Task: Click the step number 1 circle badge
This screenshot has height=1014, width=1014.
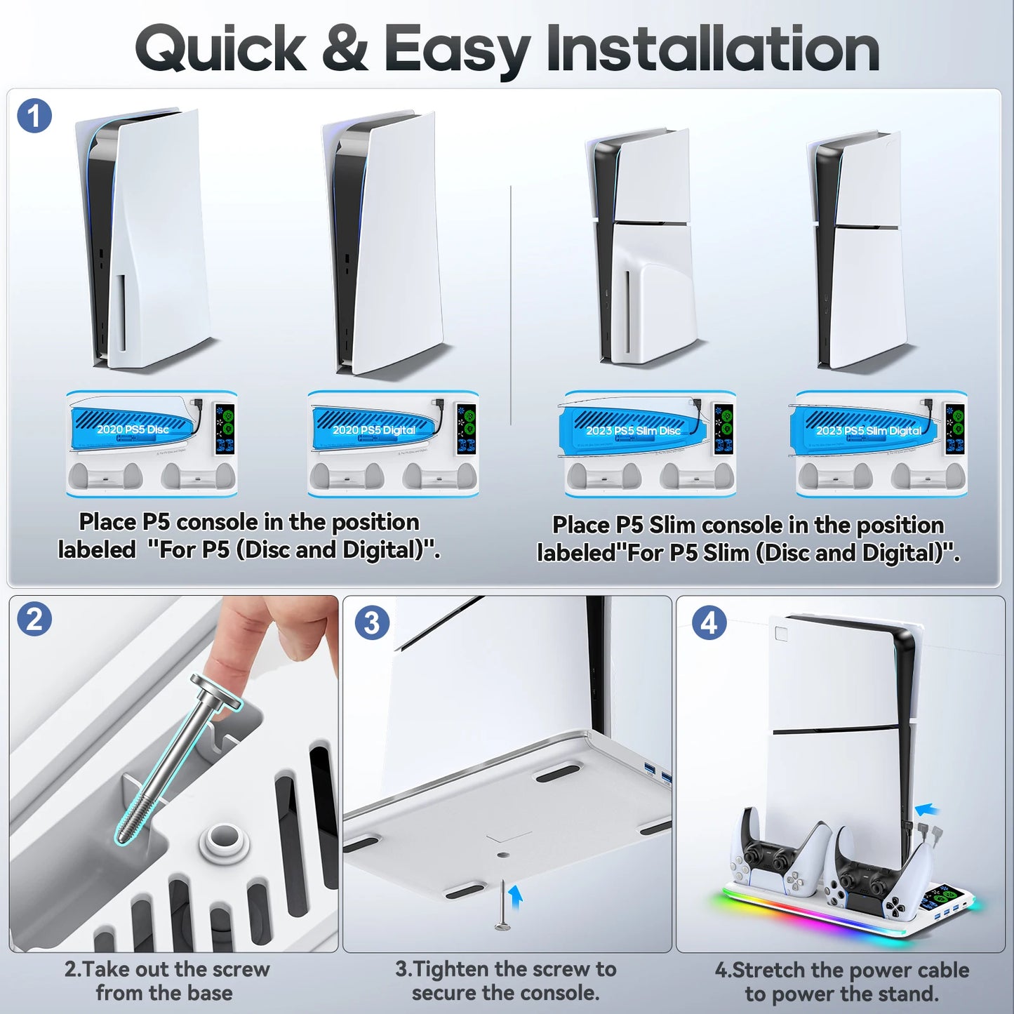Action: [x=34, y=116]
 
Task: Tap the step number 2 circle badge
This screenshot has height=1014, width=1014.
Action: [x=34, y=620]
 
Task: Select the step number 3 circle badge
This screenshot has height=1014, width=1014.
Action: [x=371, y=622]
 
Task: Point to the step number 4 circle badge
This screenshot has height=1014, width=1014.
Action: [x=709, y=622]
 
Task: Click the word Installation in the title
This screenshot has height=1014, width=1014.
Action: [x=712, y=49]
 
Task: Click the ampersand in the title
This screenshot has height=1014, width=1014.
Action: [x=345, y=48]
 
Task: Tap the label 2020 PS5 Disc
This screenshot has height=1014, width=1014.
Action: [x=133, y=429]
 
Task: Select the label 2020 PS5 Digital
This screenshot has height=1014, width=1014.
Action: [x=374, y=429]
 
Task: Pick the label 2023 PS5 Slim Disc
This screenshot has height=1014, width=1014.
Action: [x=634, y=430]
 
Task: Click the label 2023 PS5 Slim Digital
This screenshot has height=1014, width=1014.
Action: [x=869, y=430]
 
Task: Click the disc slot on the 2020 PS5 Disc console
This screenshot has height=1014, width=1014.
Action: [x=121, y=312]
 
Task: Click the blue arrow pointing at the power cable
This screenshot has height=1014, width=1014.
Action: [x=928, y=809]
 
